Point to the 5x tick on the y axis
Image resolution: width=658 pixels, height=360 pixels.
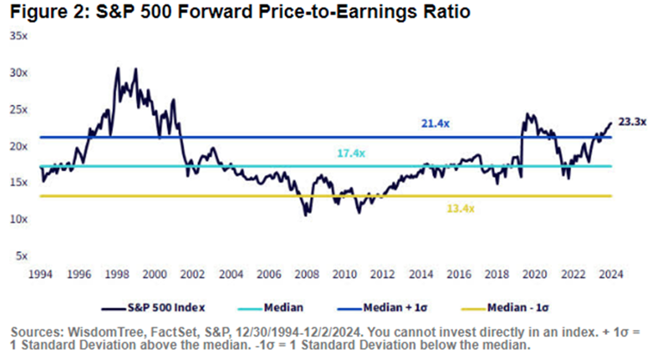pyautogui.click(x=20, y=256)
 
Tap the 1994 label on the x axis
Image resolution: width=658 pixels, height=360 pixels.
pyautogui.click(x=40, y=276)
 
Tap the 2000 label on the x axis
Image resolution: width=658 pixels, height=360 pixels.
pyautogui.click(x=154, y=276)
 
